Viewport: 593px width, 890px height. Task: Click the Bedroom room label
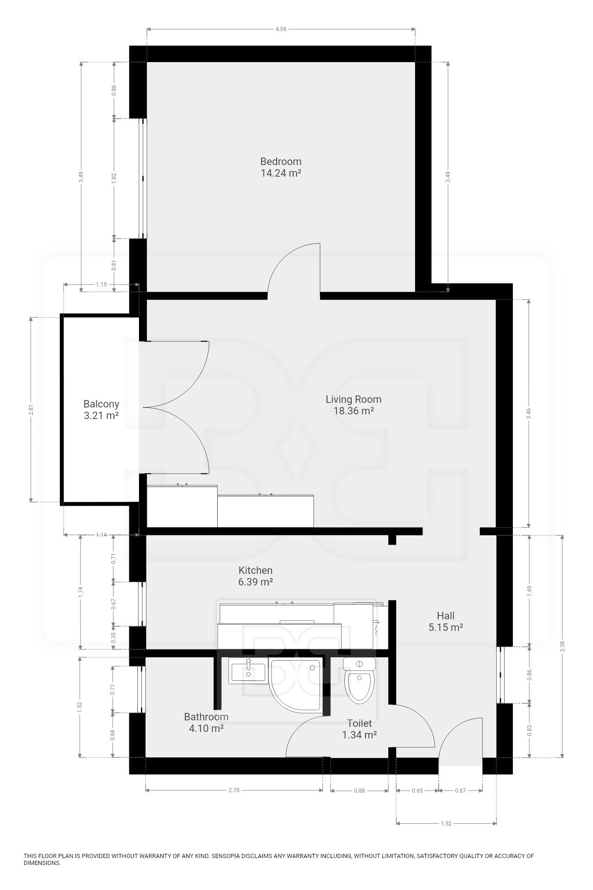281,162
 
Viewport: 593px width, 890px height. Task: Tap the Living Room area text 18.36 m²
353,411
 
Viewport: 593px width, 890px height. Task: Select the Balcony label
101,404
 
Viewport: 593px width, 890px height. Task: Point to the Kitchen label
255,571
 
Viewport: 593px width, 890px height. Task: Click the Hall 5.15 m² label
445,622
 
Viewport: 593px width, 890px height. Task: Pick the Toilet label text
359,723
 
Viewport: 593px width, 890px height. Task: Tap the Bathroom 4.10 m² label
206,722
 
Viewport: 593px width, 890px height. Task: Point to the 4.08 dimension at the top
281,29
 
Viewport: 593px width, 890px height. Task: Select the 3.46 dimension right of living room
528,413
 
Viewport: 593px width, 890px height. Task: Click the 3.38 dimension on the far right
562,647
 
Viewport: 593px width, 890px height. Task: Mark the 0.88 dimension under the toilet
359,791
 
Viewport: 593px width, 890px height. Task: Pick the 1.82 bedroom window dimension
114,178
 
